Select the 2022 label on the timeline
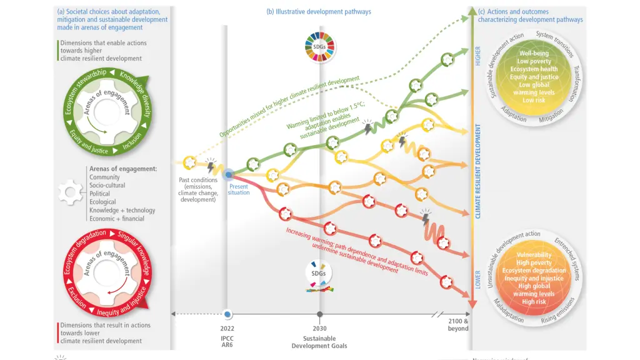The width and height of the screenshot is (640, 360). click(x=227, y=328)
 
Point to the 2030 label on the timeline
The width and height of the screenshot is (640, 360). click(x=319, y=328)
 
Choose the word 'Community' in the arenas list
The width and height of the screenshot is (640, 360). click(x=104, y=177)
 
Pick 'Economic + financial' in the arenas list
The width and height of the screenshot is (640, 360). click(x=117, y=219)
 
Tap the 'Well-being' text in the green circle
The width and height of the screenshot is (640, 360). click(x=534, y=54)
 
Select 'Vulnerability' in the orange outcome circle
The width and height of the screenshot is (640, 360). click(x=534, y=255)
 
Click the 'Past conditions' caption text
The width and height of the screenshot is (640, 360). click(x=196, y=179)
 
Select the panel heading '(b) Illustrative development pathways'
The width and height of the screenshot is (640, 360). click(x=319, y=12)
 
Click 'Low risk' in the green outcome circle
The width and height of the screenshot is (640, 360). click(x=534, y=100)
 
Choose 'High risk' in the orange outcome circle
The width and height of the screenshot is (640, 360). click(x=534, y=302)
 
